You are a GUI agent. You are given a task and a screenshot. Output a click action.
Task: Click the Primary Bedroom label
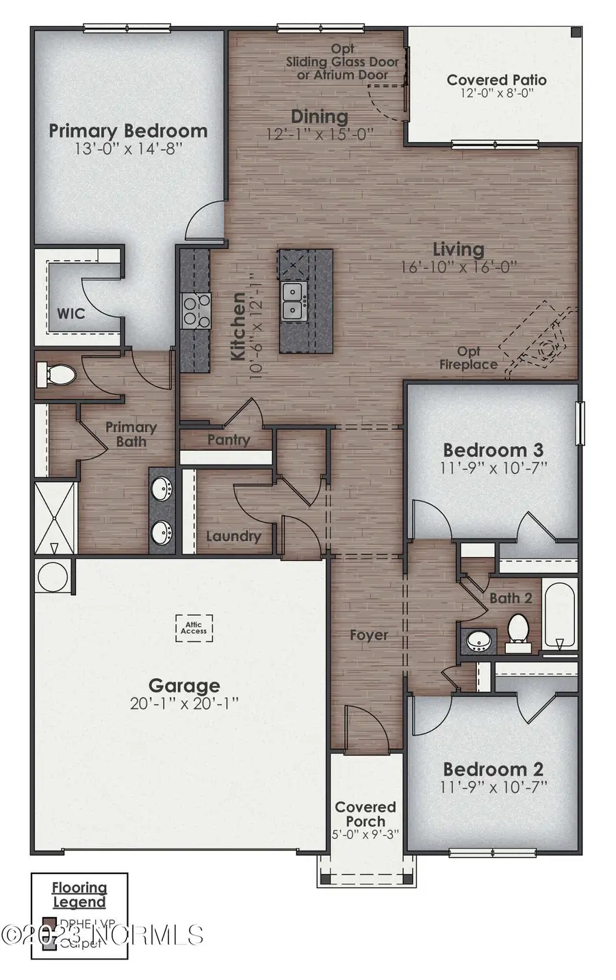pos(128,131)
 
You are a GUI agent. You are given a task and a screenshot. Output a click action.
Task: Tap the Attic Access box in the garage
pos(194,626)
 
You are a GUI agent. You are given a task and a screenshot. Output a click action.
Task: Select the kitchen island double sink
pos(295,301)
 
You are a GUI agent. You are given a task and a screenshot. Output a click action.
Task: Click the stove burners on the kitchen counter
pos(195,309)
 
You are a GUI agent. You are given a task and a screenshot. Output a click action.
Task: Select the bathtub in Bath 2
pos(560,615)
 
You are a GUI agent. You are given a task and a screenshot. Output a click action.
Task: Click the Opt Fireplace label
pos(468,358)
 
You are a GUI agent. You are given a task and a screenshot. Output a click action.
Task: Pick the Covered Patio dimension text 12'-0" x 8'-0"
pos(496,94)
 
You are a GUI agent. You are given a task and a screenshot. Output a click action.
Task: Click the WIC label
pos(71,313)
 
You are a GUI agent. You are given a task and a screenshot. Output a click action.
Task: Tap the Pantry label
pos(229,440)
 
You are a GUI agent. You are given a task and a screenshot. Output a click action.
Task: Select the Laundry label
pos(233,537)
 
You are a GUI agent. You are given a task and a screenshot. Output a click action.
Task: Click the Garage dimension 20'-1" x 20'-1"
pos(185,703)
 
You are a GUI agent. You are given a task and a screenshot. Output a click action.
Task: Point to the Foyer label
pos(369,635)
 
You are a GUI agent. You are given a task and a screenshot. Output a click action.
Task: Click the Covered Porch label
pos(365,814)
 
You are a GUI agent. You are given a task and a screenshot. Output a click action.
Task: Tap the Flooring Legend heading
pos(79,895)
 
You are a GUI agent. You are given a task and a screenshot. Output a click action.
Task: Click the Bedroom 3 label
pos(493,450)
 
